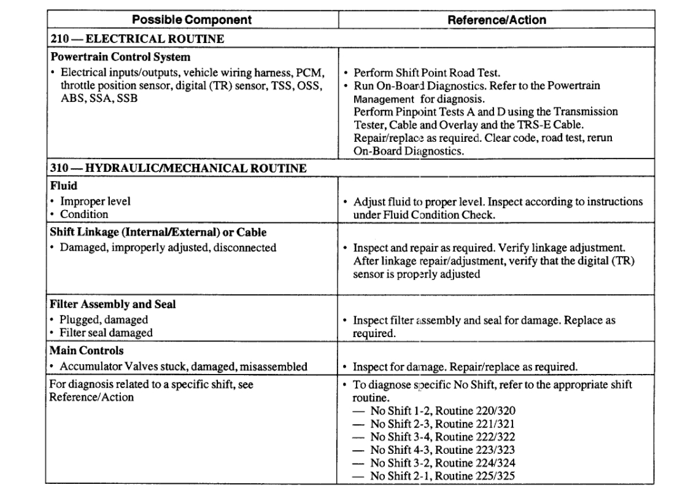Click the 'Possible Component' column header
[x=192, y=20]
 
